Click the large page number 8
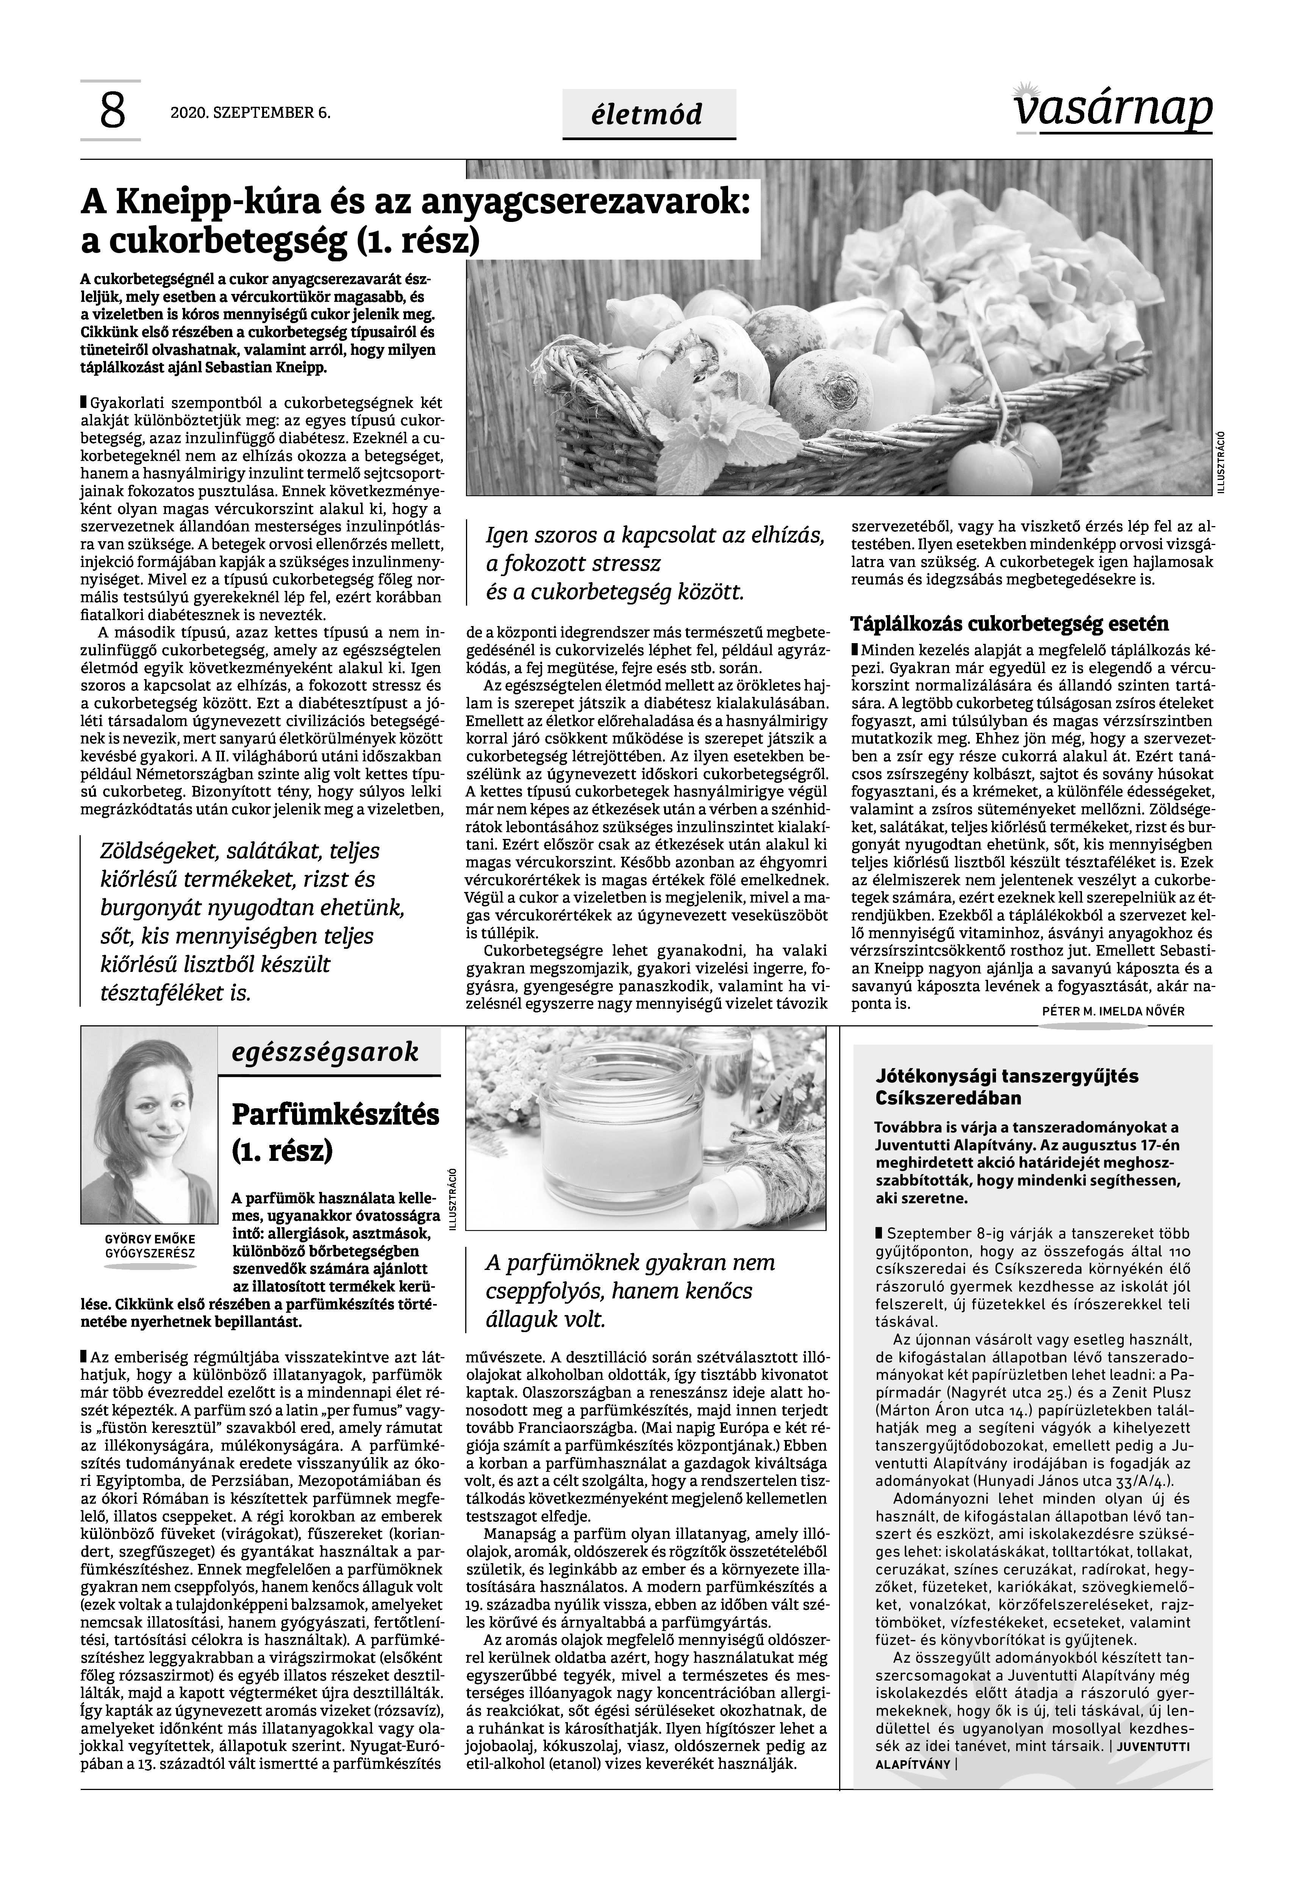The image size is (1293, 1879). point(112,112)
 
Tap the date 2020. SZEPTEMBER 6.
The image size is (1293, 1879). point(250,112)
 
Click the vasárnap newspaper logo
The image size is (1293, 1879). point(1112,108)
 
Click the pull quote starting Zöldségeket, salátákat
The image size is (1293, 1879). point(251,922)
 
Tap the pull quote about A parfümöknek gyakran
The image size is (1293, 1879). point(630,1291)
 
